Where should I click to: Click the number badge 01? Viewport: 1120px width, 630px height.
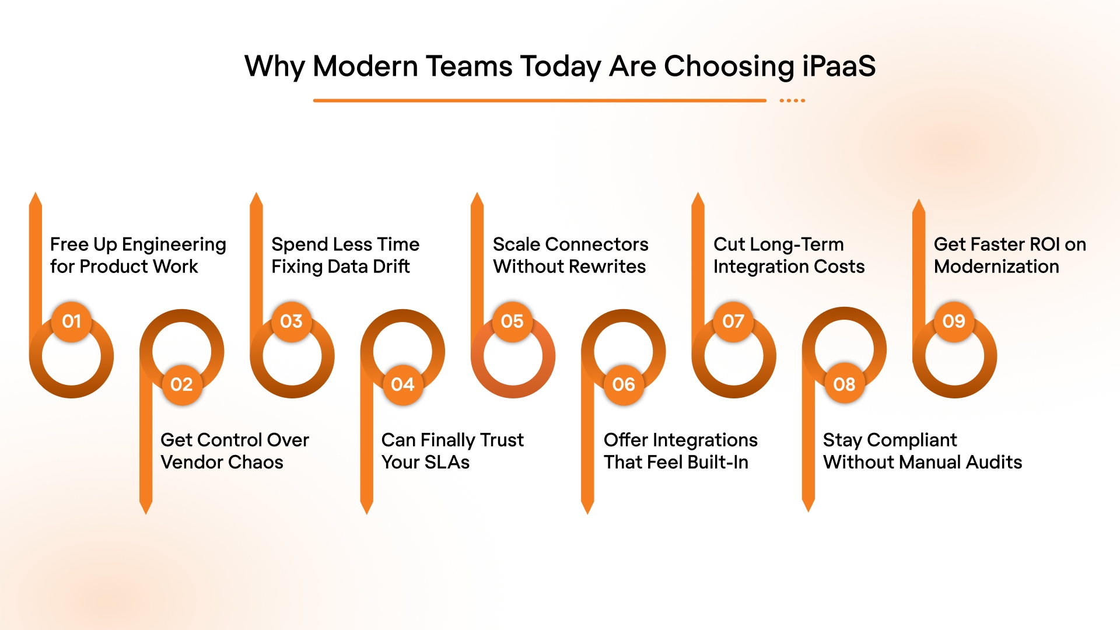(71, 321)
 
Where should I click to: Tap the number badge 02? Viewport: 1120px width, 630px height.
(181, 384)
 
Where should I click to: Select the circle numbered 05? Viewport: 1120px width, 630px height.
(512, 321)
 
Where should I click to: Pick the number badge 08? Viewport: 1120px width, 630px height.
(844, 384)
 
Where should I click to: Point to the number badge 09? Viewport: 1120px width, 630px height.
(954, 321)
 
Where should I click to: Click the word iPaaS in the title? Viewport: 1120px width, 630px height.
(839, 66)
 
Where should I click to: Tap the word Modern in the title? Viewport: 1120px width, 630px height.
(365, 66)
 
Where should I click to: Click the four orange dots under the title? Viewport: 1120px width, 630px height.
(792, 100)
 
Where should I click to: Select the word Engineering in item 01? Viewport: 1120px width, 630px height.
(174, 245)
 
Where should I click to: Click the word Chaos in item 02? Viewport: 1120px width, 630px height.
(256, 462)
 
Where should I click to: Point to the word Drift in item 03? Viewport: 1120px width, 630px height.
(391, 267)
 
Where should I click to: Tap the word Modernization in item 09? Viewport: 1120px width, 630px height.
(996, 267)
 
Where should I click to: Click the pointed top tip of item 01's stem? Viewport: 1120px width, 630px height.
(36, 195)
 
